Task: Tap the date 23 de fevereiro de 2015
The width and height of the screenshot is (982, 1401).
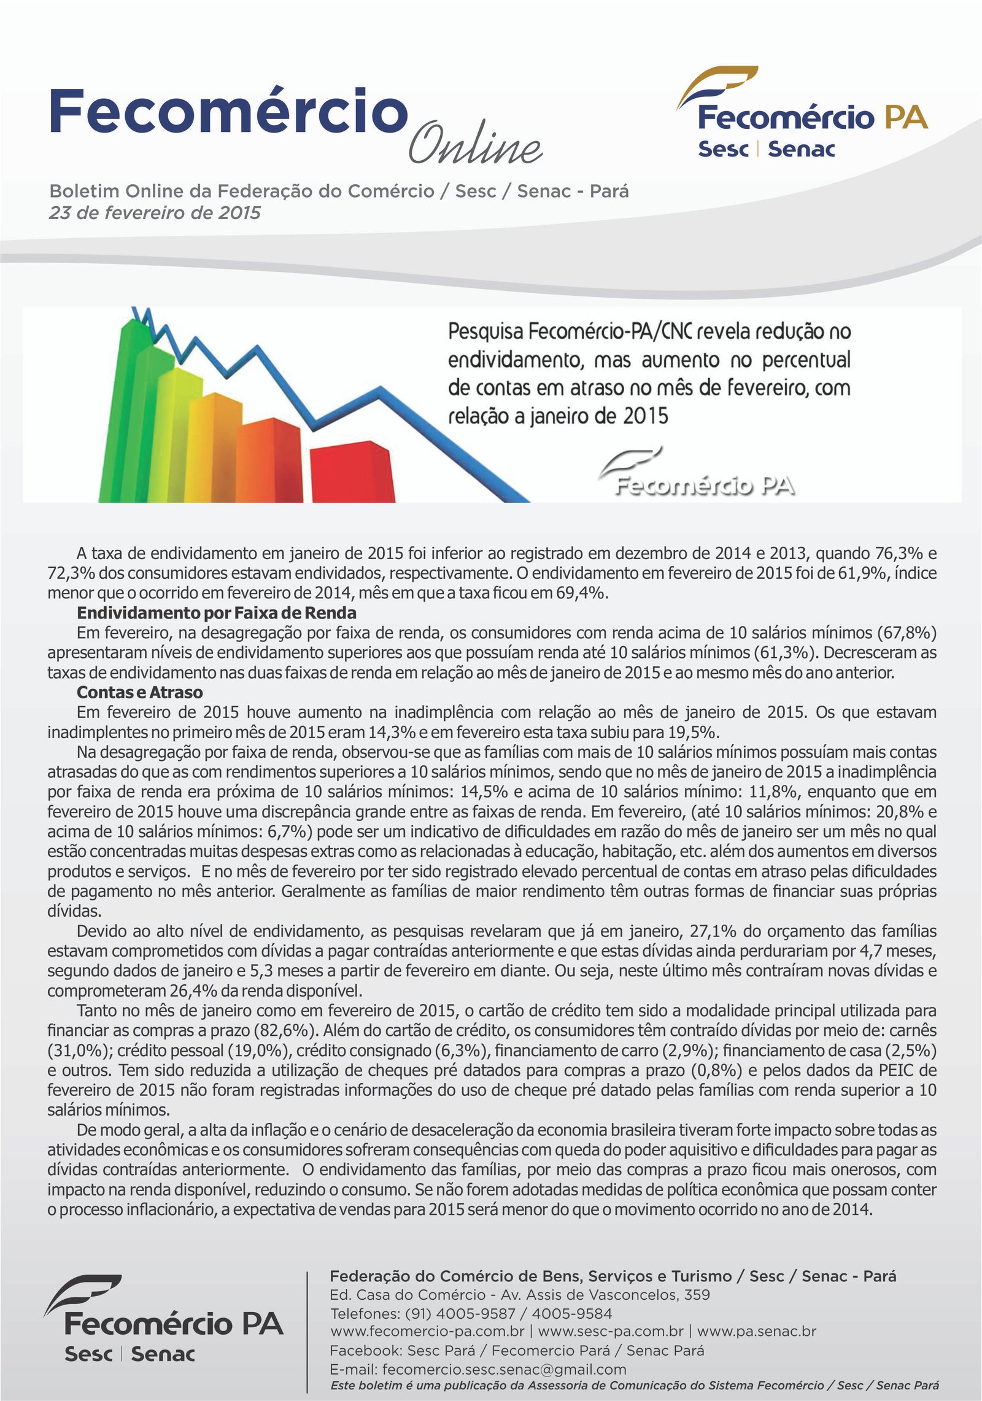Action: (x=155, y=213)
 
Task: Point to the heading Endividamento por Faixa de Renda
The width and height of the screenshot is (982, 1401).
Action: (x=216, y=613)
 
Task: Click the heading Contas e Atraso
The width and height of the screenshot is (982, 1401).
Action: (x=139, y=692)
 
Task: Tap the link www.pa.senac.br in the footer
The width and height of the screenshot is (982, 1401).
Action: (x=756, y=1331)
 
